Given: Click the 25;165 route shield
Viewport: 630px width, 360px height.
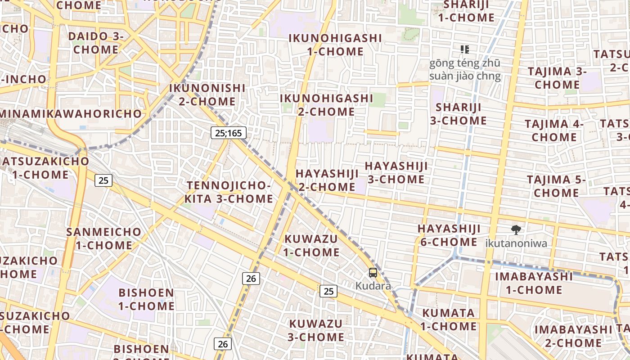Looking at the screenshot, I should pos(229,133).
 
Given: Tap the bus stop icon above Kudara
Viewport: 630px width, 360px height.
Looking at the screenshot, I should pos(373,272).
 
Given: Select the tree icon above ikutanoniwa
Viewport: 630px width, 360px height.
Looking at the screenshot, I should pos(516,230).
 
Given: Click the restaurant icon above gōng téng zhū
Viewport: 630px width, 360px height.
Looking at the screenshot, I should pos(465,49).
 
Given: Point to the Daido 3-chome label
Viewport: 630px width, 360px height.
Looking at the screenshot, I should pos(95,43).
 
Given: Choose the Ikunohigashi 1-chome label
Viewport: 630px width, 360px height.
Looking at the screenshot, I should pos(335,45).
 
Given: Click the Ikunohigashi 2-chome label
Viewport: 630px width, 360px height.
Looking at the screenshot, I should pos(327,104).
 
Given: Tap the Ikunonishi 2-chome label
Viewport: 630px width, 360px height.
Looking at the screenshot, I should pos(207,94).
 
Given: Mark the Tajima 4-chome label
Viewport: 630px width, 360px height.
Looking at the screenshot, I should pos(554,130).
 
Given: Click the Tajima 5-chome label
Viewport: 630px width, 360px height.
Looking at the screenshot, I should pos(556,186).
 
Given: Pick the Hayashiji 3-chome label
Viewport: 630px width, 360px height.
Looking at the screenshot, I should pos(396,172).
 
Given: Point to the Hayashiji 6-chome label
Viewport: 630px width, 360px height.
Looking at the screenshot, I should pos(449,235).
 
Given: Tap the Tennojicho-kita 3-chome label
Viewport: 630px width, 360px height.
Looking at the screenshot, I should pos(229,192).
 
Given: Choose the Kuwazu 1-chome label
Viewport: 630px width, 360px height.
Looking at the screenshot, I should pos(311,245).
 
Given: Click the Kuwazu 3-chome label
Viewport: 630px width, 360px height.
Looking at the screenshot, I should pos(316,330).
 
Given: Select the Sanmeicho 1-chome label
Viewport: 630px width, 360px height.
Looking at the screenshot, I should pos(103,238).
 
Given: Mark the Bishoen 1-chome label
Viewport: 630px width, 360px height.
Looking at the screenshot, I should pos(146,299).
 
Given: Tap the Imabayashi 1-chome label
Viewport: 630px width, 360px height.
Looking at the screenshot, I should pos(534,283).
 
